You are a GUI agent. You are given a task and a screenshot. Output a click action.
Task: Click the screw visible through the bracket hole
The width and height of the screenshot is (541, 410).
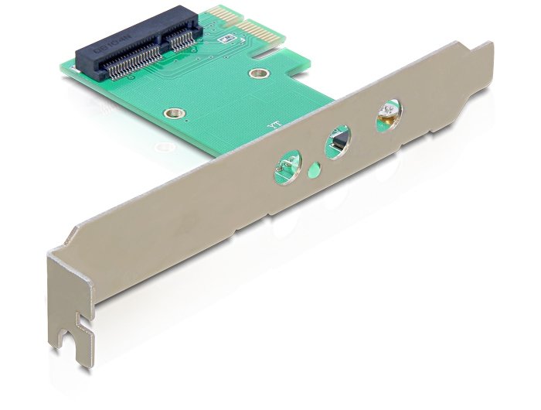[384, 118]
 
